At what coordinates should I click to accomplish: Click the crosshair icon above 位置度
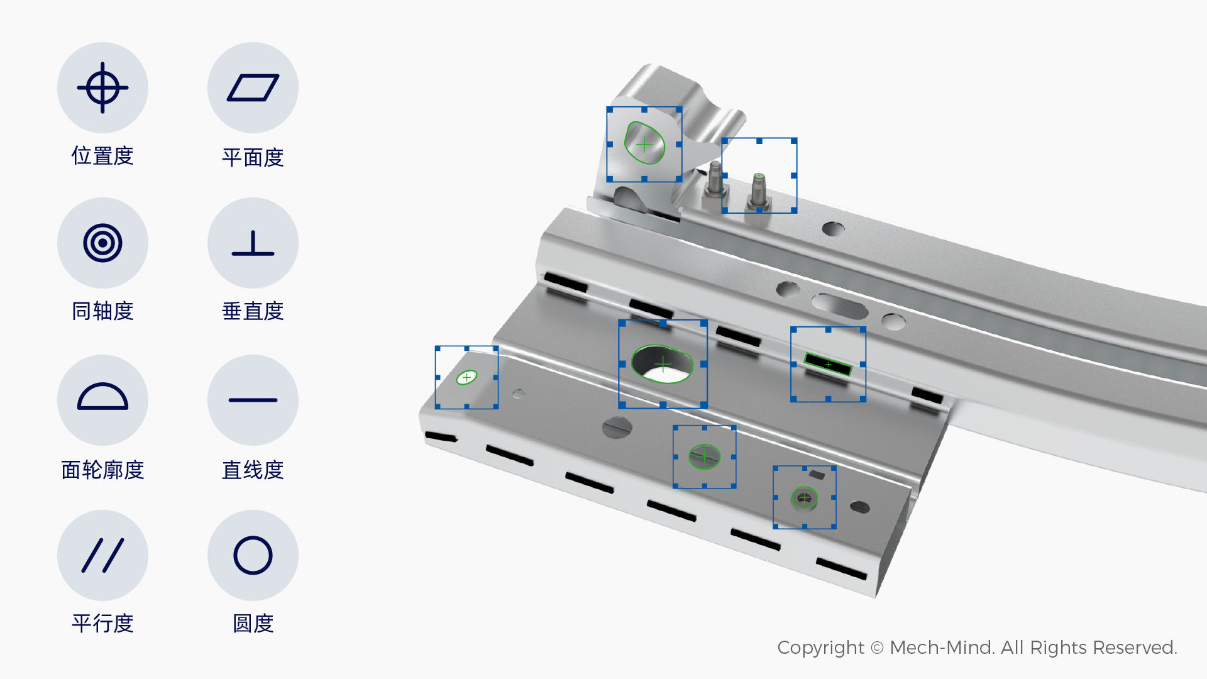click(102, 88)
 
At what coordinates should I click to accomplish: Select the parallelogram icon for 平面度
click(253, 88)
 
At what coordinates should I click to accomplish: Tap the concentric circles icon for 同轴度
click(102, 243)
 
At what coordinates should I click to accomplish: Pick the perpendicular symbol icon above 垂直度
click(253, 243)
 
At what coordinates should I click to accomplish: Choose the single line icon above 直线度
click(253, 400)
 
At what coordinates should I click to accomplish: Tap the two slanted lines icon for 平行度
click(102, 555)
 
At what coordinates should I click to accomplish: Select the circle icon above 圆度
click(253, 555)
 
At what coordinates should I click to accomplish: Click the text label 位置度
click(102, 156)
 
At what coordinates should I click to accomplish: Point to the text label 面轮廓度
click(102, 470)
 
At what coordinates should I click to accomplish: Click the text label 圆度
click(253, 624)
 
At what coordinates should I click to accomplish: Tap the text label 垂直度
click(253, 311)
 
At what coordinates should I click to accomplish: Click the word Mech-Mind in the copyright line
click(942, 648)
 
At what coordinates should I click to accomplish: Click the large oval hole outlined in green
click(663, 364)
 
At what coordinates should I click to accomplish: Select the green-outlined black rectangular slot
click(828, 364)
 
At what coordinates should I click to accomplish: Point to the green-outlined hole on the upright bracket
click(644, 143)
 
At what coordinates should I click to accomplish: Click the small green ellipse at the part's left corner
click(466, 377)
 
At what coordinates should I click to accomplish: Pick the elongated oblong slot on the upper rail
click(840, 306)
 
